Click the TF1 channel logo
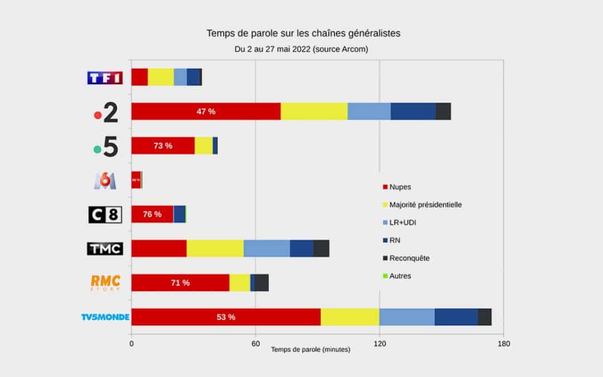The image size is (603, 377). (x=104, y=78)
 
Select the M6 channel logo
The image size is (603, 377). (x=105, y=180)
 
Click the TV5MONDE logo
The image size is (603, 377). (x=105, y=317)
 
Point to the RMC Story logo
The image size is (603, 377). (x=105, y=283)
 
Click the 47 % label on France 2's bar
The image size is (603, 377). (x=205, y=111)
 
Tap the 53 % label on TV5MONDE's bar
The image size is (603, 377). (x=226, y=317)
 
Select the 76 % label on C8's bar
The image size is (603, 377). (x=152, y=214)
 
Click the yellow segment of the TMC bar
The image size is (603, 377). (x=215, y=249)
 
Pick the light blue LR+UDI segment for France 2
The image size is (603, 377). (x=369, y=111)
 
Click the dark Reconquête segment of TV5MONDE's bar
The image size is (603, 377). (x=484, y=317)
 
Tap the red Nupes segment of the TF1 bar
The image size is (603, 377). (x=140, y=77)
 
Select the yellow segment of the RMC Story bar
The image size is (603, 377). (x=240, y=283)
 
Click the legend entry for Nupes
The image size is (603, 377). (x=400, y=187)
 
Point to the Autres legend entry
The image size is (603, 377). (x=400, y=276)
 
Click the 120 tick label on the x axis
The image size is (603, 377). (x=380, y=343)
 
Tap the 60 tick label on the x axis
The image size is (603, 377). (x=255, y=343)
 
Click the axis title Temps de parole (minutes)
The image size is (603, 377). (x=310, y=350)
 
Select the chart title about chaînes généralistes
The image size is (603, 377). (x=303, y=34)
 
